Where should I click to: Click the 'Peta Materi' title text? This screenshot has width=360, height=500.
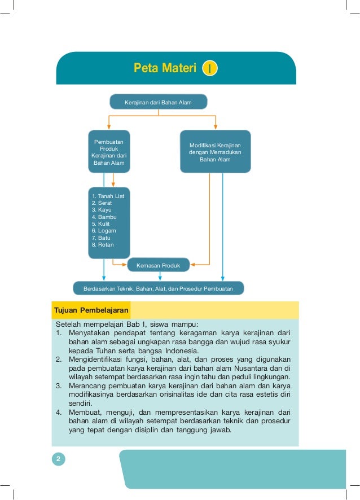(x=165, y=69)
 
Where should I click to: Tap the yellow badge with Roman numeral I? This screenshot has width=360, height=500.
(x=209, y=69)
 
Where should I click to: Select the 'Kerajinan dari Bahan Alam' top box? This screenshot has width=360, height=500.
(x=158, y=102)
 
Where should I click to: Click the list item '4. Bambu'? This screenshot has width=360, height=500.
(x=102, y=217)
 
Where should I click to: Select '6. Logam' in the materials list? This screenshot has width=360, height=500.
(x=103, y=231)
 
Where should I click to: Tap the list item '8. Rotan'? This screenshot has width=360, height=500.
(x=102, y=245)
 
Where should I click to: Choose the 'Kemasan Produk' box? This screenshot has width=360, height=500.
(x=159, y=265)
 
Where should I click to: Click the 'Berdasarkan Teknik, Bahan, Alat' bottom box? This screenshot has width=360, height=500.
(x=159, y=288)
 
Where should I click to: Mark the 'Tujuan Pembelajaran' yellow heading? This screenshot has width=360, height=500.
(x=91, y=310)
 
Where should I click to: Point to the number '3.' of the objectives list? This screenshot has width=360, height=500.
(x=59, y=385)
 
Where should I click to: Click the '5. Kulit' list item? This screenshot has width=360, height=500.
(x=101, y=224)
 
